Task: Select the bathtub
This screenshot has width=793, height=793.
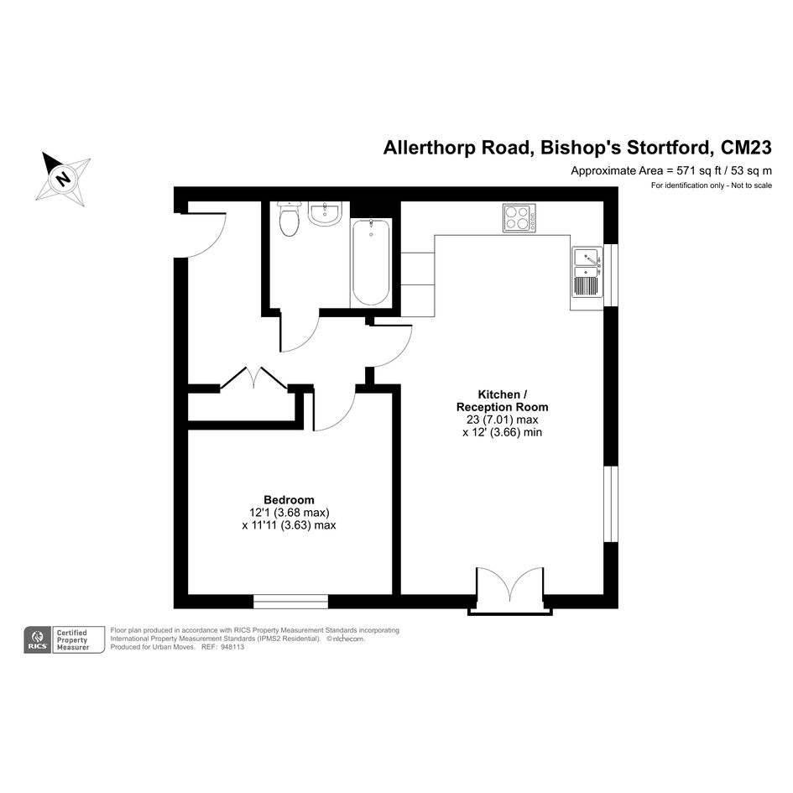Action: [x=371, y=263]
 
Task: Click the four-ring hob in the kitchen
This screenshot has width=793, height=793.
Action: [x=519, y=218]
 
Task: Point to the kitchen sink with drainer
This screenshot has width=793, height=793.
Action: [x=587, y=272]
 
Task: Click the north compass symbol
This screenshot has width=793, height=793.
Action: [x=63, y=178]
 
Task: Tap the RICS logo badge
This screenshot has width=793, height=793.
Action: [x=37, y=639]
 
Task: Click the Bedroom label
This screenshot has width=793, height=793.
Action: [x=289, y=500]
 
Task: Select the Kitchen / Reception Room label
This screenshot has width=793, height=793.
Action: [x=502, y=400]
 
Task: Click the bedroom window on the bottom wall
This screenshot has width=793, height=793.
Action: [x=291, y=602]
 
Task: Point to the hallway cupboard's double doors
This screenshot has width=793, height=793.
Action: [x=254, y=378]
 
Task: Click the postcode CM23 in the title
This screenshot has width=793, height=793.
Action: [x=746, y=148]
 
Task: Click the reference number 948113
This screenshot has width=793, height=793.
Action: [x=232, y=647]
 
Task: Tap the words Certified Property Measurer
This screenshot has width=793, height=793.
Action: [x=72, y=639]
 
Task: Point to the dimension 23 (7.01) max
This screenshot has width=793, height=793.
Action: [x=502, y=420]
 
